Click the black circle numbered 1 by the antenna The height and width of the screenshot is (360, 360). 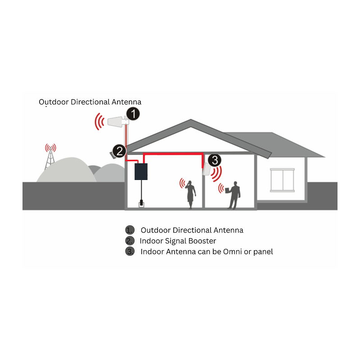pos(133,114)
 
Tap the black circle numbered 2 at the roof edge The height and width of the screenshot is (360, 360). pos(119,151)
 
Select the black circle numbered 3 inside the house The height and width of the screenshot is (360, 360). pos(215,160)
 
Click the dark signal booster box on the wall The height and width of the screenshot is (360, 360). pos(141,171)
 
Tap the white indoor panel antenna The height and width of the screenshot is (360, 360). pos(207,169)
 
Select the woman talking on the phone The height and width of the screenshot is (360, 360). pos(190,195)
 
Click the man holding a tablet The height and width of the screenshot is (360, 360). pos(233,195)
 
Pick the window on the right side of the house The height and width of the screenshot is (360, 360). pos(282,180)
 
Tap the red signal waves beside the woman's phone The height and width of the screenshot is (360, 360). pos(183,183)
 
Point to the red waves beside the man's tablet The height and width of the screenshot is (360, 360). pos(221,188)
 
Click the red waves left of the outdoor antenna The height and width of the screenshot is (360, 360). pos(99,121)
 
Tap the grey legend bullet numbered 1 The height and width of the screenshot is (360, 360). pos(130,230)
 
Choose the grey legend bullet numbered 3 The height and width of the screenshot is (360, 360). pos(130,252)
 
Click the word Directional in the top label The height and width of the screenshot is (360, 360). pos(90,102)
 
